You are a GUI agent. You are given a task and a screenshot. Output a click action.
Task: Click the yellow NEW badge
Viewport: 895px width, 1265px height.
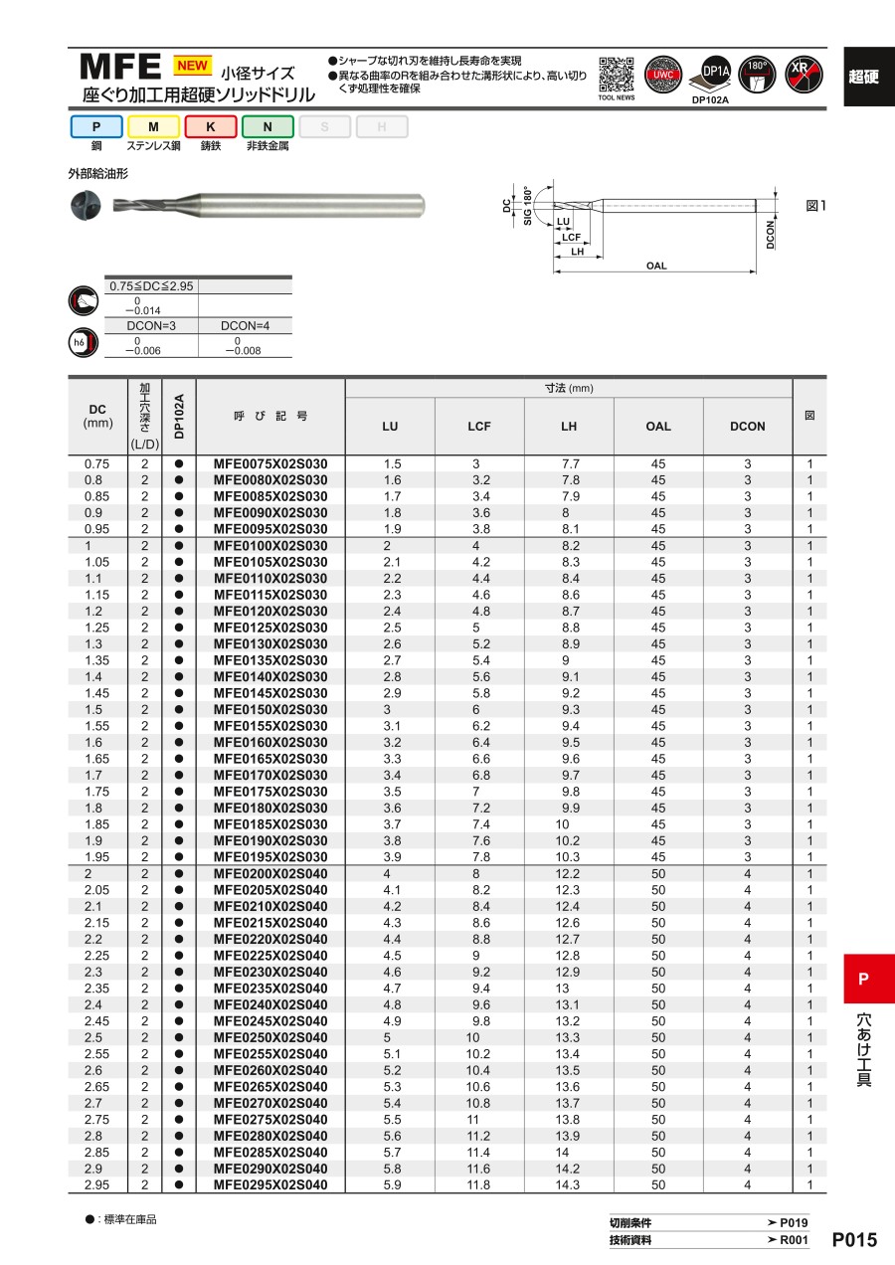click(193, 66)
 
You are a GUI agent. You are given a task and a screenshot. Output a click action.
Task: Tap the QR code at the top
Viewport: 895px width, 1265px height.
click(617, 73)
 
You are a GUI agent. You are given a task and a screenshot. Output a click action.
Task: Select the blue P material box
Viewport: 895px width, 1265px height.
click(96, 126)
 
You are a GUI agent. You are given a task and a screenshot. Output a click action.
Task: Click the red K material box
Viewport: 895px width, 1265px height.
click(211, 126)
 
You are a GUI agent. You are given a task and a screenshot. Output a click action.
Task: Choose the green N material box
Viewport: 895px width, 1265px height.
click(268, 126)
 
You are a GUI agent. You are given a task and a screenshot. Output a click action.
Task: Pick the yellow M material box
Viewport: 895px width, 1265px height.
click(153, 126)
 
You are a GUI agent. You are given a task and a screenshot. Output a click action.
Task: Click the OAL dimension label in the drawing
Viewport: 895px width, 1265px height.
click(656, 266)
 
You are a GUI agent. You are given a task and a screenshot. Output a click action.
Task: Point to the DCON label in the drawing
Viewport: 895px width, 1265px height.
click(772, 233)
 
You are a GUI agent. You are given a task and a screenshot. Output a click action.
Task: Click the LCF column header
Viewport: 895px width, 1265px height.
click(479, 426)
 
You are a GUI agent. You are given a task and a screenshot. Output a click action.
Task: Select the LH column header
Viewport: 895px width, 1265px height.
click(569, 426)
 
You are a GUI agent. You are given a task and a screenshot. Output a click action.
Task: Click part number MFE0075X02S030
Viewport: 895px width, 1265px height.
click(270, 463)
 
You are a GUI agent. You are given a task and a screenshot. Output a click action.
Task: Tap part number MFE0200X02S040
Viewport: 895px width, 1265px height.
click(270, 873)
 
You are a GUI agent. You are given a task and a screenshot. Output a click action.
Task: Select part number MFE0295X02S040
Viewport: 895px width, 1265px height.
click(270, 1184)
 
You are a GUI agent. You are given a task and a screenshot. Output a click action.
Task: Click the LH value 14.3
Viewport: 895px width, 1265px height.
click(569, 1184)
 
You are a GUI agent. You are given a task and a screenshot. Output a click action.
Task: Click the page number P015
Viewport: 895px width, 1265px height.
click(854, 1240)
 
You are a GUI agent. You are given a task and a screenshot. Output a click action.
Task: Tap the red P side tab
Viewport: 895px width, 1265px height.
click(863, 979)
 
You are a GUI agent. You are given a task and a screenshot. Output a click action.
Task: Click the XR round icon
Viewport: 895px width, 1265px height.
click(804, 75)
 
